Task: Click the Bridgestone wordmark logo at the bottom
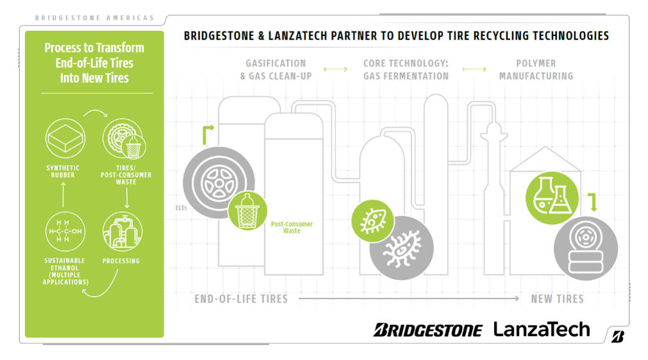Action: coord(428,330)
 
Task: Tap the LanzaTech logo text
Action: coord(541,329)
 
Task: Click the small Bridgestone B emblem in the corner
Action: coord(618,336)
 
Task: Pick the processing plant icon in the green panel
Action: coord(122,231)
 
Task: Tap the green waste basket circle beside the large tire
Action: coord(248,210)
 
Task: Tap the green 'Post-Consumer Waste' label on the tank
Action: coord(291,227)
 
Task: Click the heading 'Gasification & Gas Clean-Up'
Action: coord(275,69)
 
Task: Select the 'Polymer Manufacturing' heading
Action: coord(536,69)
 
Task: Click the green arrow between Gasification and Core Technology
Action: coord(336,69)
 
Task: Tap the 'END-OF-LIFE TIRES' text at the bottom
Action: coord(241,298)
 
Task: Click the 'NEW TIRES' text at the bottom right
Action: coord(557,298)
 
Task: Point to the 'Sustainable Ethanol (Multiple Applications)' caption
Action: coord(65,271)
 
